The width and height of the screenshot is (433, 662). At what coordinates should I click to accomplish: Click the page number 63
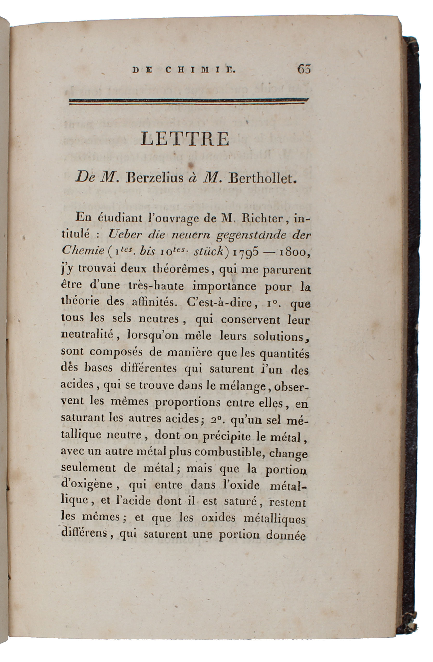coord(304,69)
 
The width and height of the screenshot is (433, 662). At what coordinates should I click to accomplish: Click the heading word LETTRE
coord(185,139)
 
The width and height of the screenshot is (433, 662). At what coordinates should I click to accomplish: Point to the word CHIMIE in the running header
coord(200,70)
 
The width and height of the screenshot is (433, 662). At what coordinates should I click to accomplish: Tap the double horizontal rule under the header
coord(189,101)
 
